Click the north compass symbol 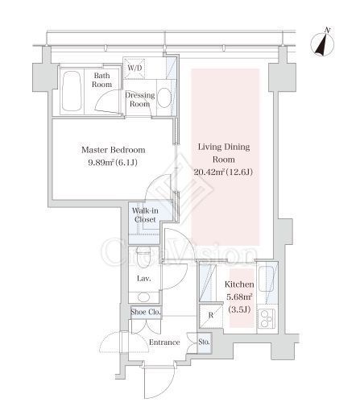(x=323, y=43)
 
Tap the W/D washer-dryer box (x=134, y=68)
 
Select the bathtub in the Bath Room (x=72, y=91)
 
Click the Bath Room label (x=101, y=80)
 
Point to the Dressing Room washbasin (x=164, y=97)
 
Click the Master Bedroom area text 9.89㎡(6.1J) (x=113, y=163)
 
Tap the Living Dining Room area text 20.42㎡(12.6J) (x=223, y=172)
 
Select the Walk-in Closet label (x=145, y=215)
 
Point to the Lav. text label (x=144, y=279)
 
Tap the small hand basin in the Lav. (x=143, y=297)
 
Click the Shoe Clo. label (x=146, y=312)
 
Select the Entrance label (x=164, y=342)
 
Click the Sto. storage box (x=205, y=343)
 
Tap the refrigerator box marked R (x=211, y=316)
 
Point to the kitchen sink (x=266, y=280)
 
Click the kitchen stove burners (x=266, y=319)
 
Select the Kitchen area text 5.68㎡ (x=239, y=297)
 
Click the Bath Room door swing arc (x=106, y=101)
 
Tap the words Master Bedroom (x=114, y=150)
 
